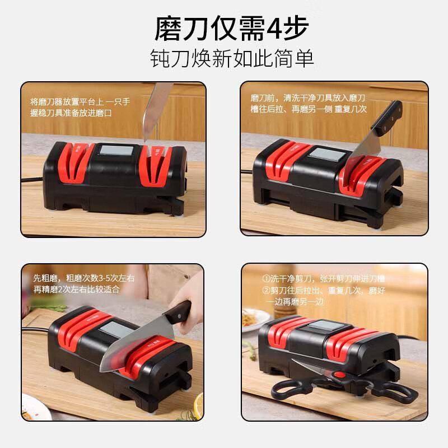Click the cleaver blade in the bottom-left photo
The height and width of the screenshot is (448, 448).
click(134, 342)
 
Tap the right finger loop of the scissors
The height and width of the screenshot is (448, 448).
click(398, 392)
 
